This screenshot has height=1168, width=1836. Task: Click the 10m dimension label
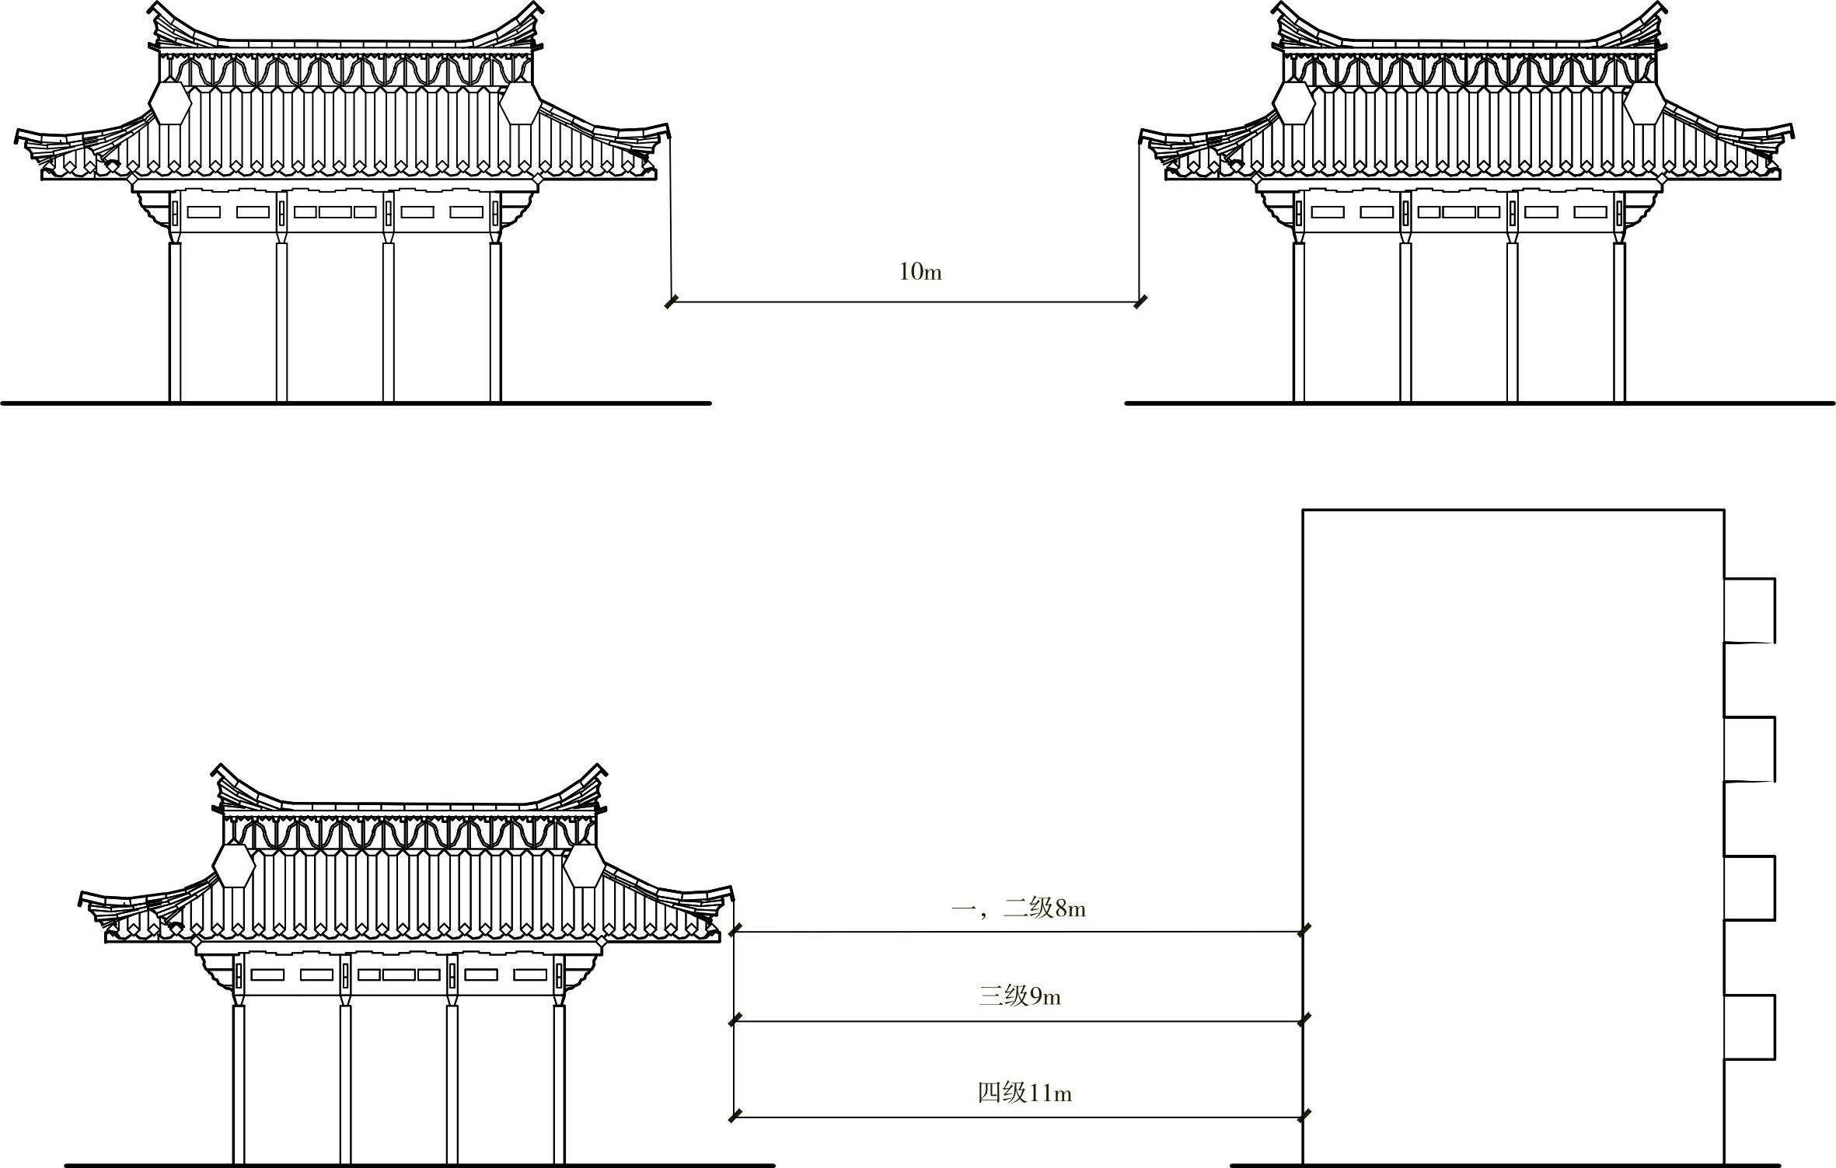[920, 272]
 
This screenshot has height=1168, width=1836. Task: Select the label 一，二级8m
[1018, 908]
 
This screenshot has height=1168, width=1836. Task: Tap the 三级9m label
[1019, 995]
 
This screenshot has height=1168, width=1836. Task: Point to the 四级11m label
[1024, 1093]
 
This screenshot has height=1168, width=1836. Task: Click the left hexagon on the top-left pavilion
[170, 103]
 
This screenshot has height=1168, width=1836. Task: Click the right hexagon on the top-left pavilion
[520, 103]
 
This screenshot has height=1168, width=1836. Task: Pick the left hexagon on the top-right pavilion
[1294, 103]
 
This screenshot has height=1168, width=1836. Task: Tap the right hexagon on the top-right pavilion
[1645, 103]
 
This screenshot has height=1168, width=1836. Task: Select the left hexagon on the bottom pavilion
[234, 866]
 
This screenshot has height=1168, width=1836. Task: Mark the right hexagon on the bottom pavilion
[584, 866]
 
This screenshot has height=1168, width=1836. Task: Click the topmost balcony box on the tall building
[1749, 610]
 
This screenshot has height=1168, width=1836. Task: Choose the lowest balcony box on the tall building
[1749, 1027]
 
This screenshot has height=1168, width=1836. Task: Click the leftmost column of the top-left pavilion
[175, 322]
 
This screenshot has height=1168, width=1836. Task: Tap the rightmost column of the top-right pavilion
[1619, 322]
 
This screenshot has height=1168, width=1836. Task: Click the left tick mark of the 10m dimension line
[672, 302]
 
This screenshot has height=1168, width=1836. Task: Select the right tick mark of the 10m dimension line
[1140, 302]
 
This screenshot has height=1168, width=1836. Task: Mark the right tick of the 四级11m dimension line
[1304, 1116]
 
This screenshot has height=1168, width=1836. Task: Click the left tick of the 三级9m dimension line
[735, 1020]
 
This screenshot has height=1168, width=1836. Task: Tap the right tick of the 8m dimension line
[1304, 930]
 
